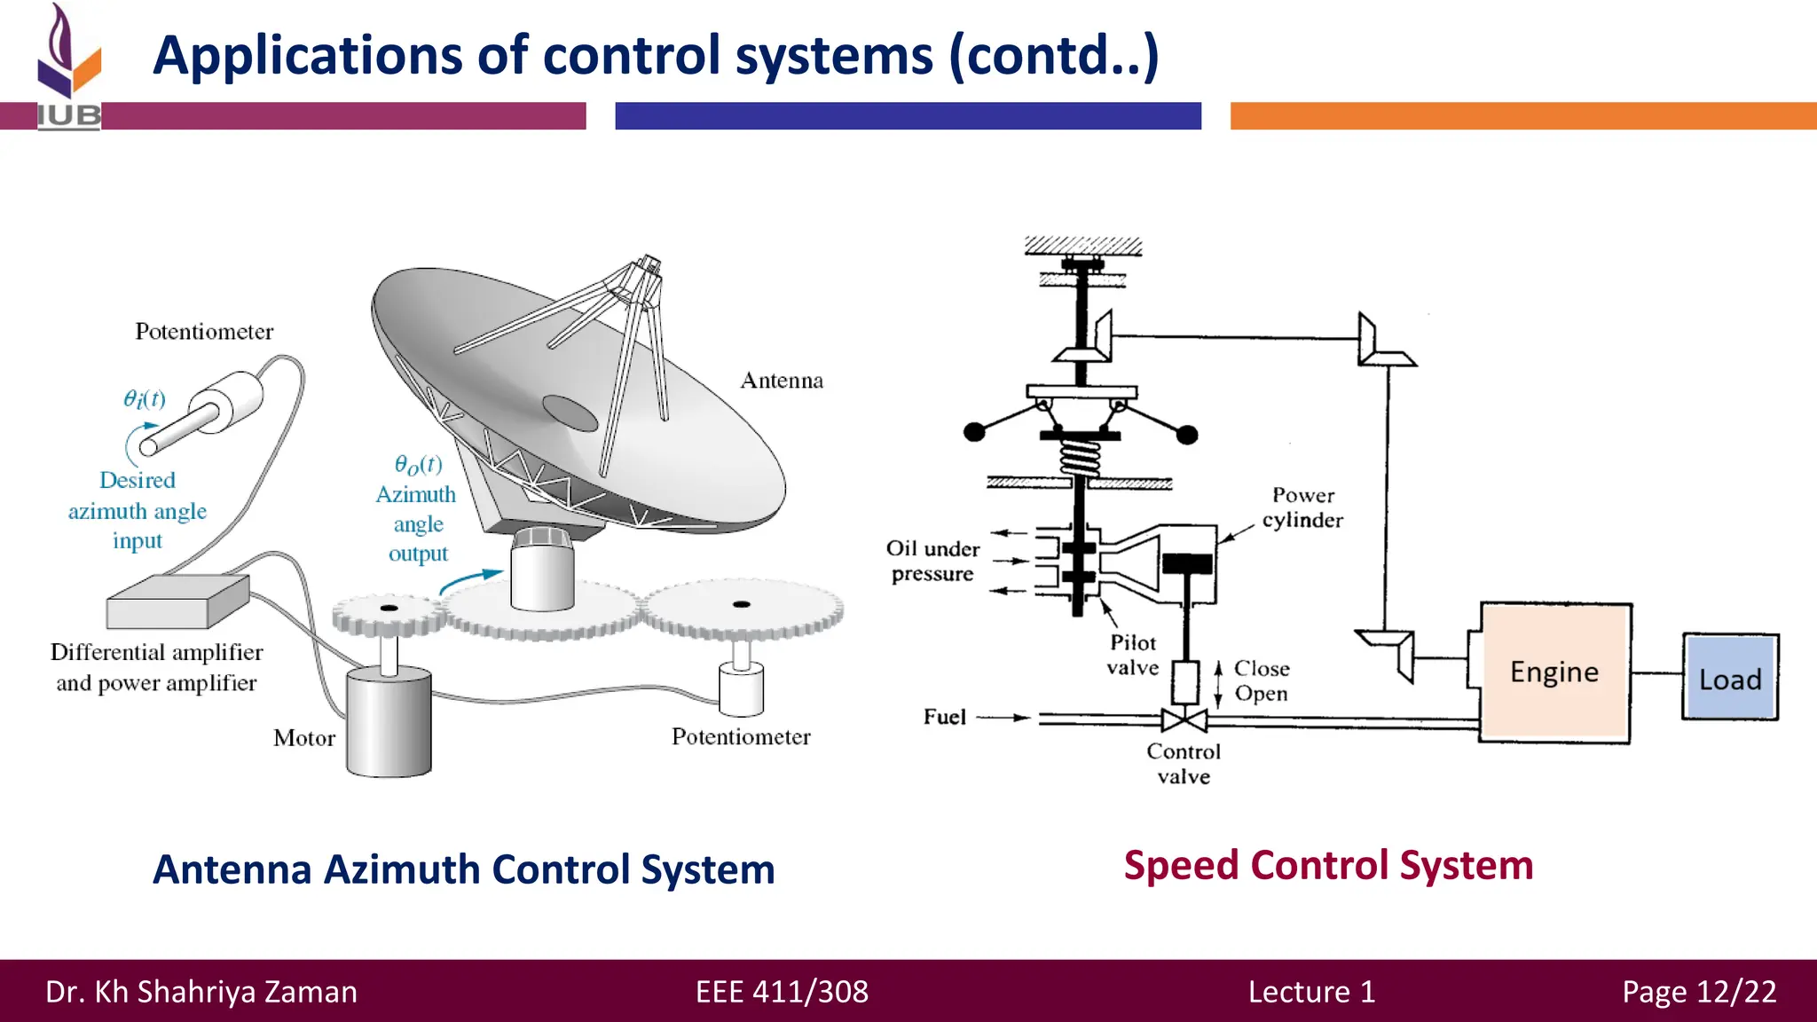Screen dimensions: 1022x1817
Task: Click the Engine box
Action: [x=1554, y=672]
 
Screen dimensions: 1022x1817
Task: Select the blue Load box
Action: [x=1730, y=679]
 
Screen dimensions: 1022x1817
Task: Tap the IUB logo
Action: [x=69, y=67]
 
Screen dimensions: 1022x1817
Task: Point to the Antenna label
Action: [x=782, y=381]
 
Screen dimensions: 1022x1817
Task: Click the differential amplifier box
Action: [x=177, y=601]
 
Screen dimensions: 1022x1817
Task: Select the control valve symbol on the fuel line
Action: [x=1184, y=719]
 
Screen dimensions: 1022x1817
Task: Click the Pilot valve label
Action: [x=1133, y=655]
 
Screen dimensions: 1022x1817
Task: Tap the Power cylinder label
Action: [x=1302, y=507]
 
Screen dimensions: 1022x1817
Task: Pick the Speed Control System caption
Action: [x=1328, y=865]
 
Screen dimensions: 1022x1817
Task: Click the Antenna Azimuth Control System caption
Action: [x=464, y=869]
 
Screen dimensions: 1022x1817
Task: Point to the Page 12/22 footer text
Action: [x=1699, y=991]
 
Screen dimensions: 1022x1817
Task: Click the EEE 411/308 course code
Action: [x=782, y=991]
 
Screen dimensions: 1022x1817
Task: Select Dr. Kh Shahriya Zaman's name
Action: [x=201, y=991]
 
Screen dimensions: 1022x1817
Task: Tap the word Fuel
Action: [x=944, y=717]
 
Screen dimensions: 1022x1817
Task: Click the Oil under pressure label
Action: [x=932, y=561]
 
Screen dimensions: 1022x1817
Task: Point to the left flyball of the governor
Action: [x=974, y=432]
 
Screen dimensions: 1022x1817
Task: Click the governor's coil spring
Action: [x=1081, y=459]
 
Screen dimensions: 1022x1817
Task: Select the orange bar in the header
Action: [x=1522, y=116]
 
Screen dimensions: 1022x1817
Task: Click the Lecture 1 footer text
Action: [x=1311, y=991]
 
